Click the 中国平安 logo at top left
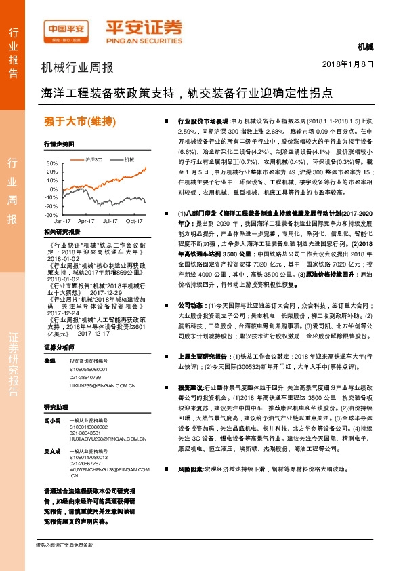point(67,31)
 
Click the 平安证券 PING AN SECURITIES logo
point(143,31)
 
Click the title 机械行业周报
point(77,68)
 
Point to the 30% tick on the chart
point(52,163)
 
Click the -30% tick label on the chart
point(51,214)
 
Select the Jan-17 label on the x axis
point(62,221)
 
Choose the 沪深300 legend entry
point(93,159)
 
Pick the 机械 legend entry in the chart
point(127,159)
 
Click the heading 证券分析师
point(59,347)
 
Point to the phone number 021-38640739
point(85,376)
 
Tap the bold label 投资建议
point(190,386)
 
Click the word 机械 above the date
point(365,46)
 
